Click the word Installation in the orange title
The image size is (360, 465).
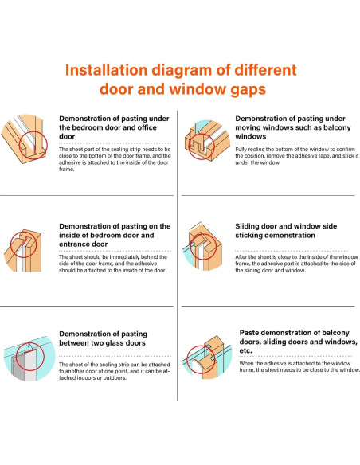pyautogui.click(x=106, y=70)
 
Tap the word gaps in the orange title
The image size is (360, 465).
pyautogui.click(x=248, y=90)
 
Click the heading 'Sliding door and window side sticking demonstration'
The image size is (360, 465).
pyautogui.click(x=286, y=231)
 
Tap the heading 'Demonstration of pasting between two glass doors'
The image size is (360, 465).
pyautogui.click(x=103, y=338)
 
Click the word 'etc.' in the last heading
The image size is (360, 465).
pyautogui.click(x=245, y=350)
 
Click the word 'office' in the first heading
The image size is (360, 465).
pyautogui.click(x=145, y=127)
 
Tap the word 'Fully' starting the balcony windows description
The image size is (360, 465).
pyautogui.click(x=241, y=149)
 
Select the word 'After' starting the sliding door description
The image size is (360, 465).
pyautogui.click(x=241, y=257)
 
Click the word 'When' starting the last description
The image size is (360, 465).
pyautogui.click(x=246, y=363)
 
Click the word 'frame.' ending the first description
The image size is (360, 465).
pyautogui.click(x=66, y=170)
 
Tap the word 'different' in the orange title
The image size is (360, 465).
pyautogui.click(x=265, y=70)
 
